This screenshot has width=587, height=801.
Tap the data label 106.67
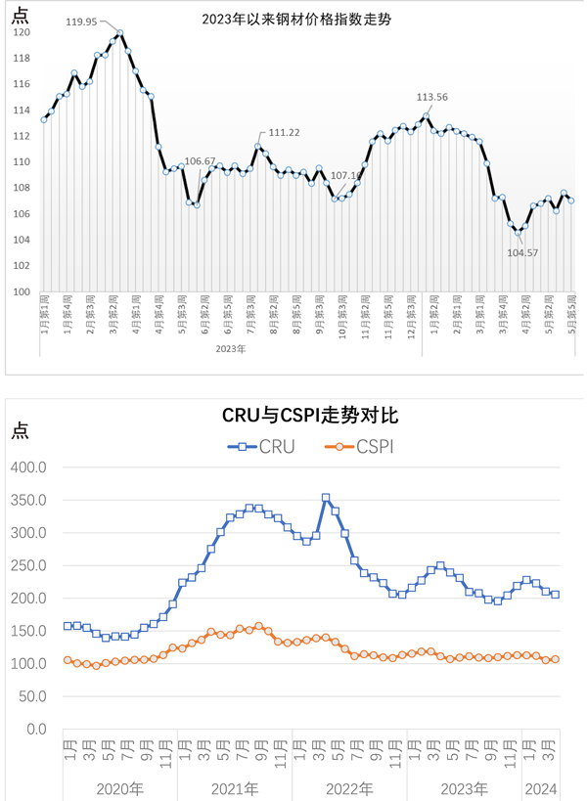pos(200,160)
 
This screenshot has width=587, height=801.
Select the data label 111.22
pos(283,132)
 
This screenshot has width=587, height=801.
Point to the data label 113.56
pos(432,97)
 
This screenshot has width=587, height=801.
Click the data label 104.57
pos(522,251)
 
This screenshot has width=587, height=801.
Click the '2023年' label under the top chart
pos(230,348)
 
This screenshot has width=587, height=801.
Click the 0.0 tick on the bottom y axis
pos(36,730)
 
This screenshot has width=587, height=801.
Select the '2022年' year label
pos(349,788)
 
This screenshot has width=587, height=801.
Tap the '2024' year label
pos(543,788)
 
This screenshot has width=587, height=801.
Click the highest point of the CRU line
pos(326,498)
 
